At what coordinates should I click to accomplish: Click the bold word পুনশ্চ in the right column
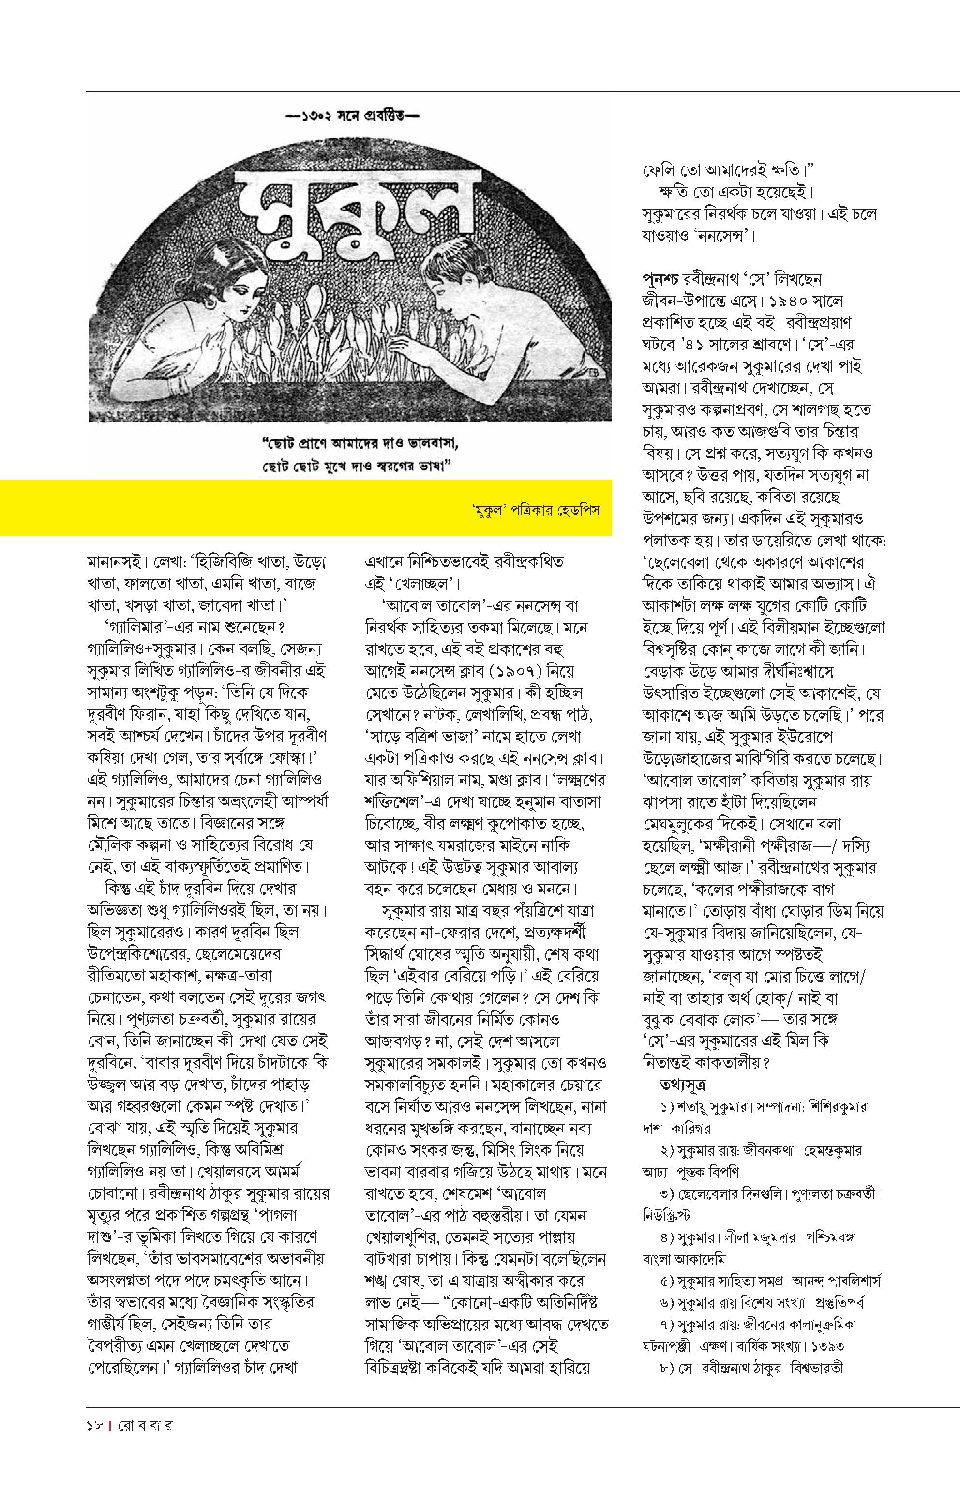(x=661, y=279)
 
